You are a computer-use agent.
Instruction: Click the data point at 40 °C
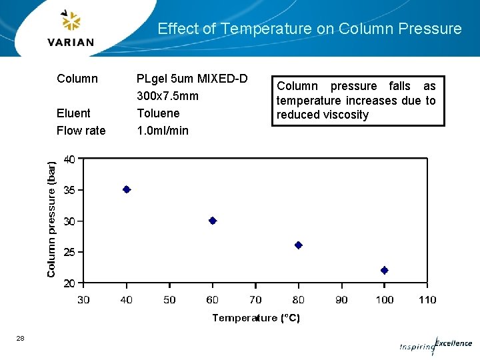pyautogui.click(x=127, y=189)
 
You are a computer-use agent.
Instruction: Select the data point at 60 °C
pyautogui.click(x=213, y=221)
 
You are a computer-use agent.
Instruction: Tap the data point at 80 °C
pyautogui.click(x=299, y=245)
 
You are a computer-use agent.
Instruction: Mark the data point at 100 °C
pyautogui.click(x=385, y=270)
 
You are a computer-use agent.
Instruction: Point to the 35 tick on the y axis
pyautogui.click(x=69, y=190)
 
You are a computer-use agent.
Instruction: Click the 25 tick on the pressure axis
pyautogui.click(x=69, y=252)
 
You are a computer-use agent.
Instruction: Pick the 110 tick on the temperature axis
pyautogui.click(x=427, y=300)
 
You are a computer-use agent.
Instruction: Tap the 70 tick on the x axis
pyautogui.click(x=255, y=300)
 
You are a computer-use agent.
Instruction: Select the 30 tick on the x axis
pyautogui.click(x=83, y=300)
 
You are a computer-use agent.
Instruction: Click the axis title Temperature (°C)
pyautogui.click(x=256, y=318)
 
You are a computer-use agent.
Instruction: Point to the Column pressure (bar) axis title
pyautogui.click(x=51, y=217)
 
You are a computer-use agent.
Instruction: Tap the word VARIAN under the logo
pyautogui.click(x=71, y=42)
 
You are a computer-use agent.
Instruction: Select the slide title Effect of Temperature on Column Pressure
pyautogui.click(x=309, y=29)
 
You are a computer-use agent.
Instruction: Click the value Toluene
pyautogui.click(x=158, y=113)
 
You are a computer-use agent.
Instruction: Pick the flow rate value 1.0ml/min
pyautogui.click(x=163, y=131)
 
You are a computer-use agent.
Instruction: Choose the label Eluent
pyautogui.click(x=73, y=113)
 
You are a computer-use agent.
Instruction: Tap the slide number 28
pyautogui.click(x=21, y=339)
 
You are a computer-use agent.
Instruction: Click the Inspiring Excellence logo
pyautogui.click(x=436, y=345)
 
